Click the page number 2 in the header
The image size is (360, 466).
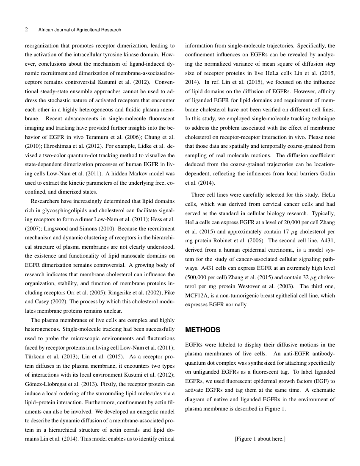(27, 30)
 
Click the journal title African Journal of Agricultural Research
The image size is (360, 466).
(80, 30)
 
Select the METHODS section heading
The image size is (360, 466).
(203, 330)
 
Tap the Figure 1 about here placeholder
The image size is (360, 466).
(260, 439)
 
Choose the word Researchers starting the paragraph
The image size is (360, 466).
(46, 201)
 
